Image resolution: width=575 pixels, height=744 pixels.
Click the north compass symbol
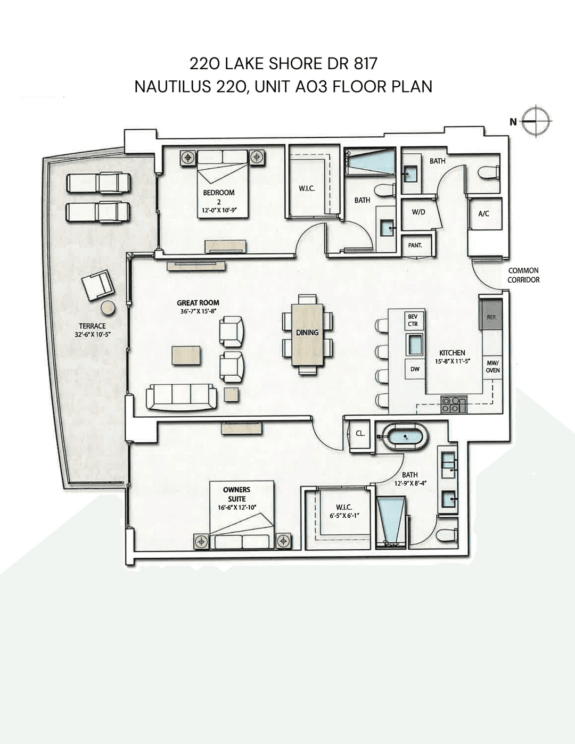coord(537,121)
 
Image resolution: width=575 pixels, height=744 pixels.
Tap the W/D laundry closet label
coord(418,212)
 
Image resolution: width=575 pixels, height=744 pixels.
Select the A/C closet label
coord(483,213)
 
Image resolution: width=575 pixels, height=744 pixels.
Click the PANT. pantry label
coord(415,245)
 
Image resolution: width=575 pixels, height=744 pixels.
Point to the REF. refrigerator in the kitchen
coord(491,314)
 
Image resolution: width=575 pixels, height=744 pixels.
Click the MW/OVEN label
coord(492,366)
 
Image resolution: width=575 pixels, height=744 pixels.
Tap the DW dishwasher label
coord(415,369)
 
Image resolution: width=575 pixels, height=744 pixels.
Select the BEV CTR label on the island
coord(413,320)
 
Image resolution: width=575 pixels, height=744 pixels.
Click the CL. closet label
coord(360,433)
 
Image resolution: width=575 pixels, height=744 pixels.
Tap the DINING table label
coord(307,332)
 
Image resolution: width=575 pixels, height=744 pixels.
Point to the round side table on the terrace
coord(108,308)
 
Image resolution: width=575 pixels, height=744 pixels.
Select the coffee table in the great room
coord(186,355)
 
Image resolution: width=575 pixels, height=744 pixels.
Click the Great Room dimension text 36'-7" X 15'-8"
coord(198,311)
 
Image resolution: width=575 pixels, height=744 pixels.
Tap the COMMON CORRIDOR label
coord(523,275)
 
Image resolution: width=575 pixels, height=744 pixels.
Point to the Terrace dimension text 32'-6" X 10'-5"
coord(92,335)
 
